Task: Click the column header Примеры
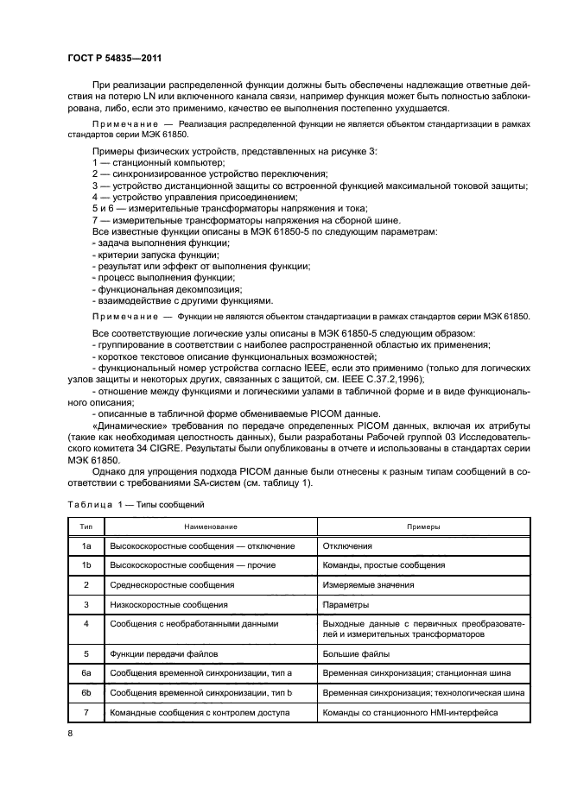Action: (x=423, y=526)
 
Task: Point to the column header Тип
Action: (x=86, y=526)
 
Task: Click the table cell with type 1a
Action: (x=86, y=545)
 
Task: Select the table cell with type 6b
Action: (x=86, y=692)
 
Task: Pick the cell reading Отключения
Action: (x=347, y=545)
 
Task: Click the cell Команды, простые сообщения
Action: (x=384, y=565)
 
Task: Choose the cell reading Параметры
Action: (x=346, y=605)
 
